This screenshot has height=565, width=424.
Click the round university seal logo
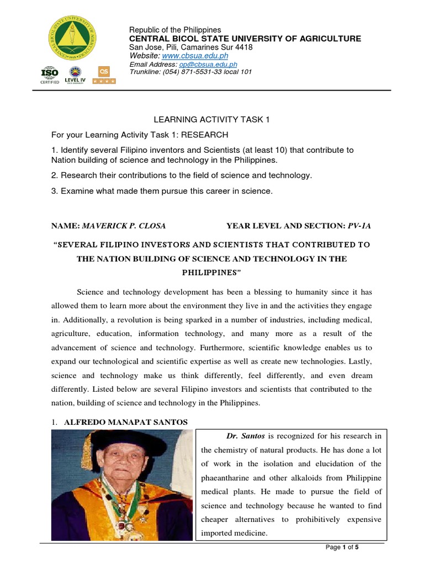tap(77, 39)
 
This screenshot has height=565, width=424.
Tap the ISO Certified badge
tap(50, 75)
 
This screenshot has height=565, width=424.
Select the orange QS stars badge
tap(103, 75)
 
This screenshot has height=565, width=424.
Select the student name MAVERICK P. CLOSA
tap(124, 226)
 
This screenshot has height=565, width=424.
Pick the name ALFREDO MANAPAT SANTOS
tap(126, 422)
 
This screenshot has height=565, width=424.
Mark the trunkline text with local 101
tap(190, 72)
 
